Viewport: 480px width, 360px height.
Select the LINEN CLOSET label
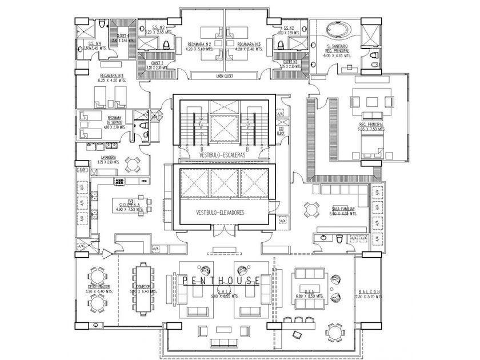coord(227,75)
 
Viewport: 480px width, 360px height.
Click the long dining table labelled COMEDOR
coord(142,286)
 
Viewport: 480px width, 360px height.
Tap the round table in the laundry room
coord(132,163)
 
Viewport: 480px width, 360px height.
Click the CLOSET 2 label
coord(158,63)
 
